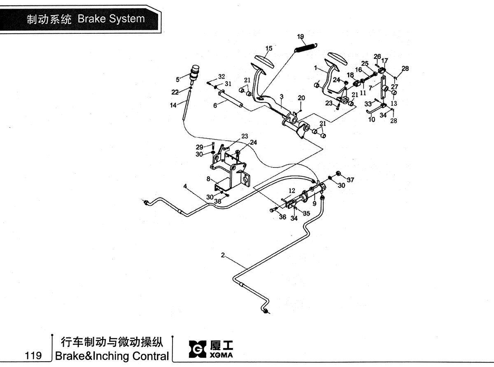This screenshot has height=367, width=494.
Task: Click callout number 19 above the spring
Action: tap(301, 37)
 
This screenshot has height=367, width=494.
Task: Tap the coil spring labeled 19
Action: tap(306, 47)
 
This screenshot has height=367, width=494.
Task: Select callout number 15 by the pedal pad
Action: tap(269, 48)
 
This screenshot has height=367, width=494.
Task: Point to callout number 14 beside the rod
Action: tap(173, 105)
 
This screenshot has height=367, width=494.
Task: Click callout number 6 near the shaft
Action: tap(215, 106)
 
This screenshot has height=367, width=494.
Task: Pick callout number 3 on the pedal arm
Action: tap(282, 97)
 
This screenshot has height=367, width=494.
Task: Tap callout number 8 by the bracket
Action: tap(208, 179)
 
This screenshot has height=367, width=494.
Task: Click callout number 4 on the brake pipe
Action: tap(185, 186)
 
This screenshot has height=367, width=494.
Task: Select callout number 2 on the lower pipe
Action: tap(223, 255)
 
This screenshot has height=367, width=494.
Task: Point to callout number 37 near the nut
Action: tap(350, 180)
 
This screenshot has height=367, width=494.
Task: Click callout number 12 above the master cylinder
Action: tap(292, 190)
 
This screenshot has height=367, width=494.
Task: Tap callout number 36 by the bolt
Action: tap(282, 217)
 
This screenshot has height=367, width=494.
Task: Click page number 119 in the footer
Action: tap(33, 355)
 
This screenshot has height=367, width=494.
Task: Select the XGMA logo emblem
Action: tap(197, 349)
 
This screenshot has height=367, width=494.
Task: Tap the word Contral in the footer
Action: tap(151, 356)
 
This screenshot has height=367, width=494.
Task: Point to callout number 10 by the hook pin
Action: tap(371, 120)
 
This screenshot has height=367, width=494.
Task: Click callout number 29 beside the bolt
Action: tap(199, 147)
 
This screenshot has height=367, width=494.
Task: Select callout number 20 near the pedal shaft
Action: tap(301, 98)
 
